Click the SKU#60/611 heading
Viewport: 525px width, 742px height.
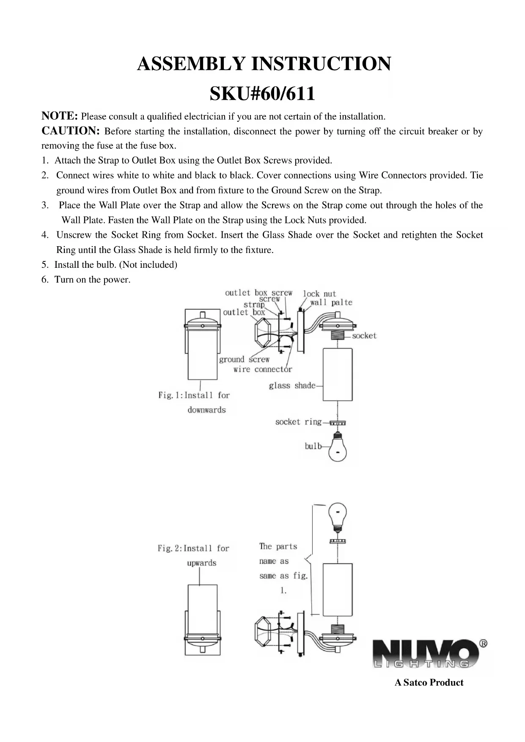point(262,93)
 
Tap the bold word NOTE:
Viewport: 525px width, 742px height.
point(59,116)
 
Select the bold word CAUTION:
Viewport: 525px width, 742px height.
point(70,131)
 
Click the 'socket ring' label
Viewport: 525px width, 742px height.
point(298,422)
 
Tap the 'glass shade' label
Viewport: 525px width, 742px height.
point(292,385)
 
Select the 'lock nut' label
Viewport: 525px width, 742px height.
point(319,294)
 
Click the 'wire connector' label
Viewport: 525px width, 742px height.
point(263,369)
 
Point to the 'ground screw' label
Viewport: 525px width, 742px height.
point(244,359)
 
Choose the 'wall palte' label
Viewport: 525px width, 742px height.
point(331,302)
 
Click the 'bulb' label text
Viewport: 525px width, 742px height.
point(313,446)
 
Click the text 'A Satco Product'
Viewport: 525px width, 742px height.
point(429,682)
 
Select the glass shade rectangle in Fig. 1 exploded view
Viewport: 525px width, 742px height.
point(338,374)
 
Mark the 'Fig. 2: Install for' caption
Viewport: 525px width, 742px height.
point(193,548)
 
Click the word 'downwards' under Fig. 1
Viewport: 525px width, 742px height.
point(206,410)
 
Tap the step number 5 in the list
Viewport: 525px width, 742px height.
point(44,265)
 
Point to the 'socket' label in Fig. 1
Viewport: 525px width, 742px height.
point(364,336)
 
